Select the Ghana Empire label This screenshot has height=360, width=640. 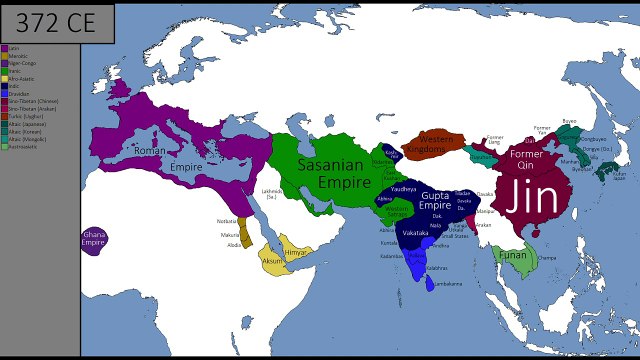[x=93, y=240]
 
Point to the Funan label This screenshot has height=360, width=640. [x=513, y=254]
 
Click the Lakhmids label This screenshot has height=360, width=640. [x=273, y=193]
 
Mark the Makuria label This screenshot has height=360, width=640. [x=230, y=236]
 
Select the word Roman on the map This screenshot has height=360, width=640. [x=149, y=150]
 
